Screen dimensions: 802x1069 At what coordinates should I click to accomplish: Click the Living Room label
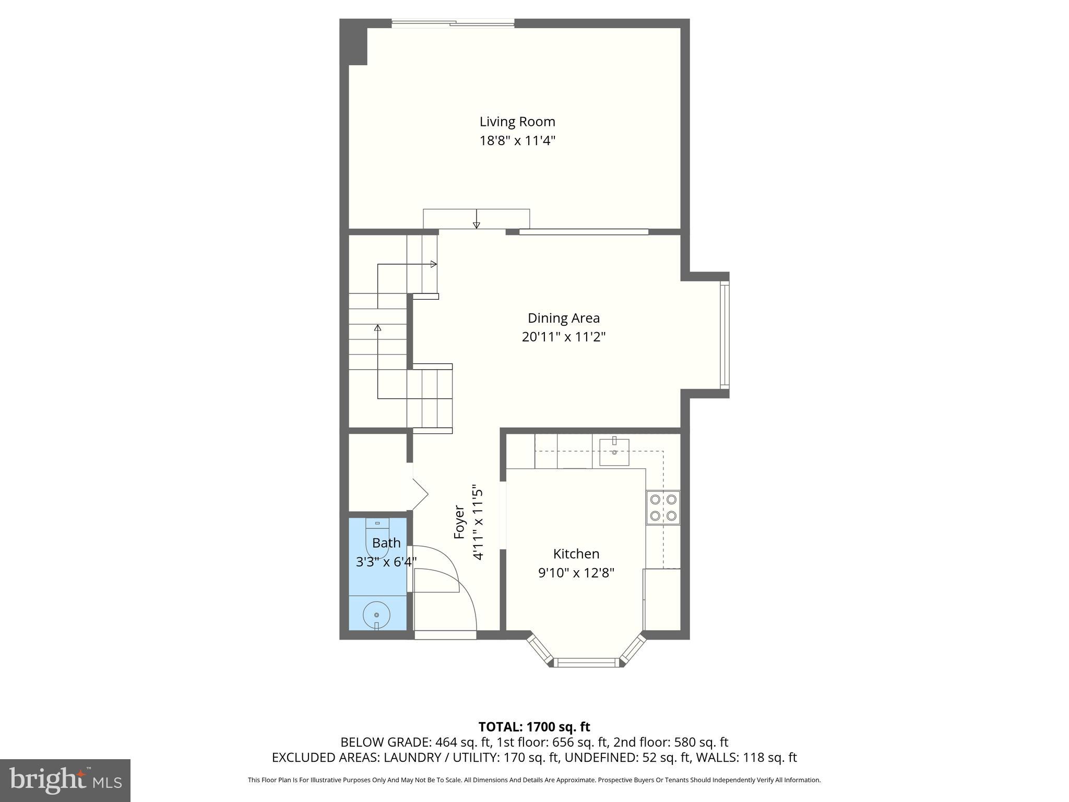(x=517, y=122)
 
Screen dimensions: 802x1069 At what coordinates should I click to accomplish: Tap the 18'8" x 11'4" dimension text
(x=517, y=141)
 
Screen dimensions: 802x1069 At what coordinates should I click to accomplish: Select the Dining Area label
(x=563, y=318)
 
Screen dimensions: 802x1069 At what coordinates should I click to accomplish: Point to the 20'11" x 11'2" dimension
(x=563, y=337)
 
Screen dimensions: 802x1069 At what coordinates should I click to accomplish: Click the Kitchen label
(x=576, y=553)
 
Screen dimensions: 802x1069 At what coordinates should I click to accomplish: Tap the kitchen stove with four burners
(x=663, y=508)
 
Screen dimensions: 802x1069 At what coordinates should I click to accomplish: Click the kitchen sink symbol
(x=614, y=452)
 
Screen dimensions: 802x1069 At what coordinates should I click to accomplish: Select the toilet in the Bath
(x=377, y=538)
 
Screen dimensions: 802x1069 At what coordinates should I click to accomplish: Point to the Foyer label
(x=459, y=522)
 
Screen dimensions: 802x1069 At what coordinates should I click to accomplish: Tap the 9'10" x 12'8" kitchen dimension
(x=576, y=573)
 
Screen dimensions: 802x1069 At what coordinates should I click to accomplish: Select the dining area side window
(x=724, y=335)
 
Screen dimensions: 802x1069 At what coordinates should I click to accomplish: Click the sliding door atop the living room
(x=453, y=22)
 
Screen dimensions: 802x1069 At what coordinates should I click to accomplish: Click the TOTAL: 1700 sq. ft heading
(x=534, y=727)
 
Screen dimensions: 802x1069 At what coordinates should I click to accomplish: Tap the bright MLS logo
(x=65, y=780)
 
